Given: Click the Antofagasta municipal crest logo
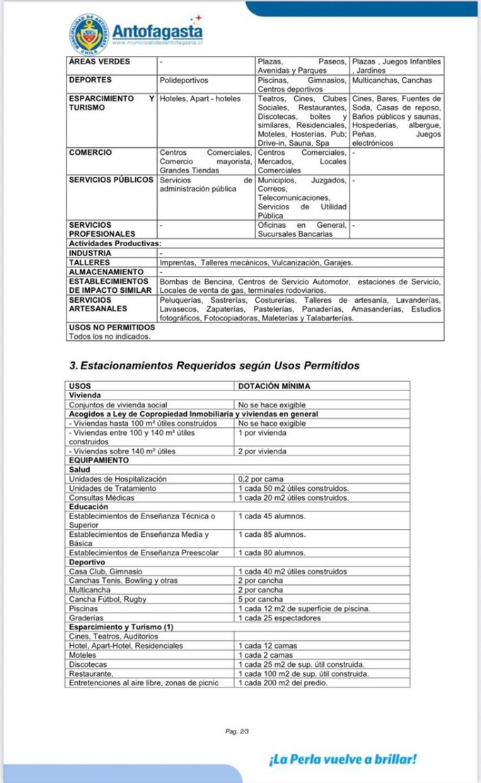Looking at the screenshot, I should tap(90, 33).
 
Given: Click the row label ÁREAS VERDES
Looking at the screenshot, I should tap(100, 62).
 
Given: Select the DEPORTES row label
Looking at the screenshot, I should tap(91, 81).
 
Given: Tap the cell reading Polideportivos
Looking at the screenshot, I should tap(184, 81).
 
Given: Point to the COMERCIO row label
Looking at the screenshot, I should tap(91, 152).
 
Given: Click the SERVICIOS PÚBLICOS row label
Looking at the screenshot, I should tap(111, 180).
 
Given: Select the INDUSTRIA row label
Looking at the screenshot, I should tap(90, 253).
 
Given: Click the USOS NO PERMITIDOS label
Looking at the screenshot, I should tap(112, 327).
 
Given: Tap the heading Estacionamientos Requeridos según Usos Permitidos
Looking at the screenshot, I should tap(214, 366).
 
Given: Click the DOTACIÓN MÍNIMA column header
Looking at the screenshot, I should tap(274, 386).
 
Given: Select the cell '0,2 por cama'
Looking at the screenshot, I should tap(261, 479).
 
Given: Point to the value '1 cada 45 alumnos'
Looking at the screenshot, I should tap(272, 516).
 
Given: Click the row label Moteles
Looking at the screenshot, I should tap(83, 655).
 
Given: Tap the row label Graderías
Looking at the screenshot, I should tap(86, 618).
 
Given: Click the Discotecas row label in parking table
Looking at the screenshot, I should tap(88, 664).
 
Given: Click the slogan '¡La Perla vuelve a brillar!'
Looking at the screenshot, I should tap(342, 760).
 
